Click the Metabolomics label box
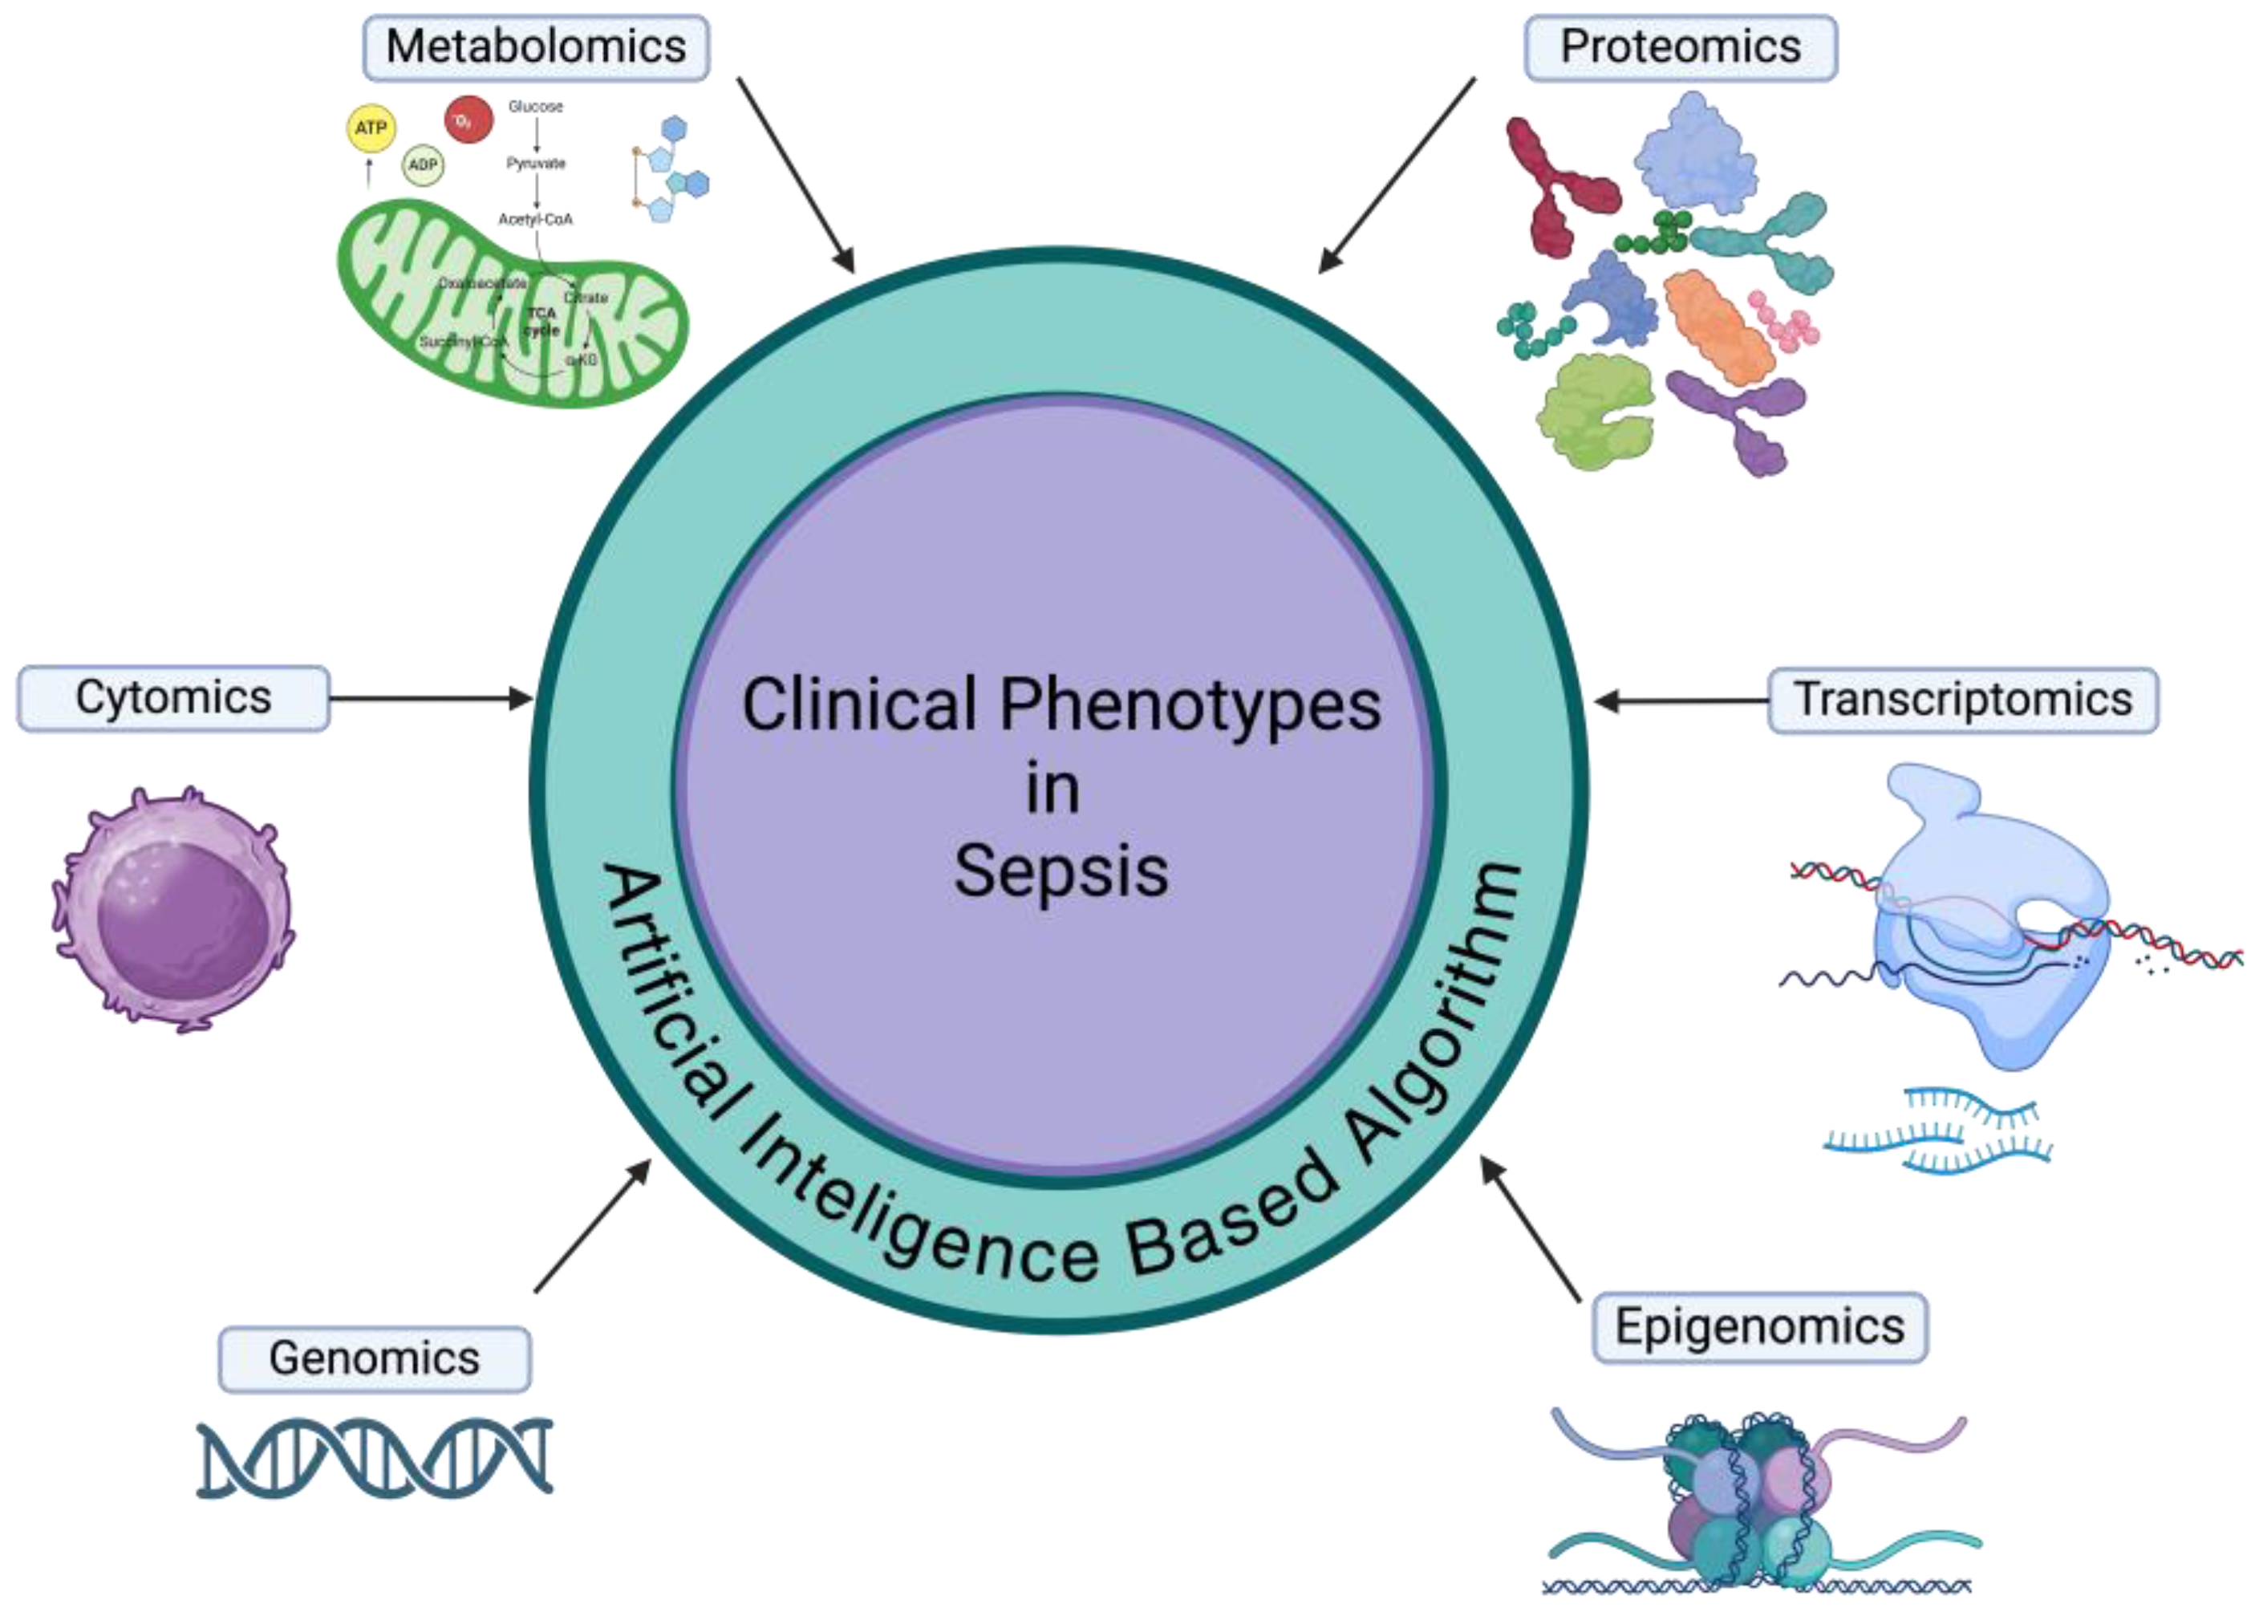pos(535,47)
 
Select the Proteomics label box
pos(1681,47)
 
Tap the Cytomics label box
pos(173,698)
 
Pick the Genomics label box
pos(374,1358)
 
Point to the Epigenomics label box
pos(1759,1326)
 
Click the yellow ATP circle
pos(371,128)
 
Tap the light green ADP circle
pos(424,165)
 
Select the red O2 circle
pos(468,120)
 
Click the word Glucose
pos(535,107)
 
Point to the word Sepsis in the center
pos(1061,871)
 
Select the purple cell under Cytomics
pos(173,909)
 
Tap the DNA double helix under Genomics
pos(374,1458)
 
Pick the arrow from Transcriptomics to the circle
pos(1681,700)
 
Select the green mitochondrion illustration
pos(511,304)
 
